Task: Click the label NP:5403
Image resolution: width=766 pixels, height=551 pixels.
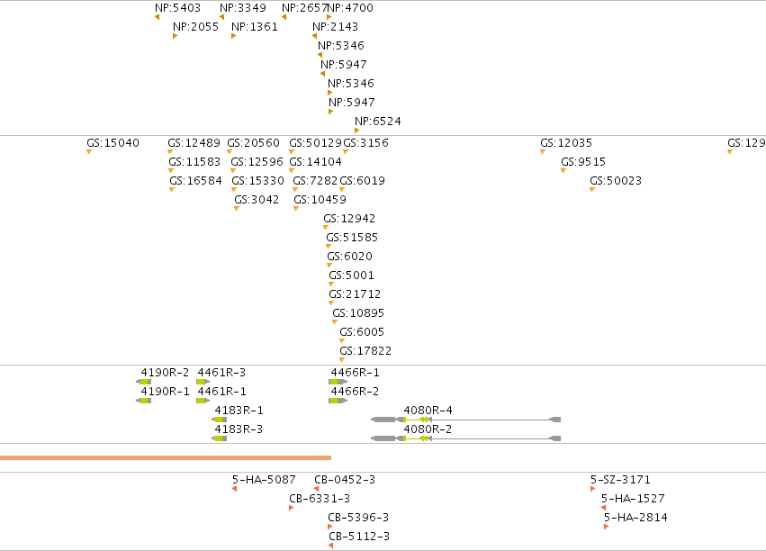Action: [x=178, y=8]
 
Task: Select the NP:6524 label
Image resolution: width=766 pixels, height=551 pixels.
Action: [x=378, y=122]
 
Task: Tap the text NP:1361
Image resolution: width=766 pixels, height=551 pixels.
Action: [x=255, y=27]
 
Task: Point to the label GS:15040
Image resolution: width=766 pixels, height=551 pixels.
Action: [x=113, y=143]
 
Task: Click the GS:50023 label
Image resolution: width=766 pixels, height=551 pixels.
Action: [x=616, y=181]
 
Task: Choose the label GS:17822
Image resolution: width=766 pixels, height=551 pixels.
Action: [x=365, y=351]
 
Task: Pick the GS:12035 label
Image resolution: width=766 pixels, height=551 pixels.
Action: [x=566, y=143]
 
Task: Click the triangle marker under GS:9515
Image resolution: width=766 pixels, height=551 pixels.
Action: [x=563, y=170]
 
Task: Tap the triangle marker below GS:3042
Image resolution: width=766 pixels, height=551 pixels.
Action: [x=237, y=209]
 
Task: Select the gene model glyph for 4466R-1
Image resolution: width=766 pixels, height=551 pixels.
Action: [x=338, y=382]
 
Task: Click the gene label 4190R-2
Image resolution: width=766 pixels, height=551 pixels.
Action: [x=165, y=373]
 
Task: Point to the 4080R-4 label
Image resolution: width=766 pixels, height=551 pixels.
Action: [x=428, y=411]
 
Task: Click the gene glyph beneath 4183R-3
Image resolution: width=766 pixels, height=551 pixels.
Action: [x=220, y=438]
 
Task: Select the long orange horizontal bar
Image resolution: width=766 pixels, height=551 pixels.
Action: [x=166, y=457]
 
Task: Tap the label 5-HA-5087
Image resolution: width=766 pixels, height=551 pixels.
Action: [x=264, y=480]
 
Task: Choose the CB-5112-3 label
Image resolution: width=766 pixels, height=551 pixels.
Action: [x=359, y=537]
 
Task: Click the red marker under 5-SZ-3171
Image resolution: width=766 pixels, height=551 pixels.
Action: [x=592, y=489]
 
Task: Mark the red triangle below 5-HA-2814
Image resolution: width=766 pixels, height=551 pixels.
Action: [x=607, y=527]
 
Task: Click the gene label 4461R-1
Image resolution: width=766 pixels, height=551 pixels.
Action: [x=221, y=392]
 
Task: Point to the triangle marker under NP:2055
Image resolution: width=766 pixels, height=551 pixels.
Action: [x=175, y=36]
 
